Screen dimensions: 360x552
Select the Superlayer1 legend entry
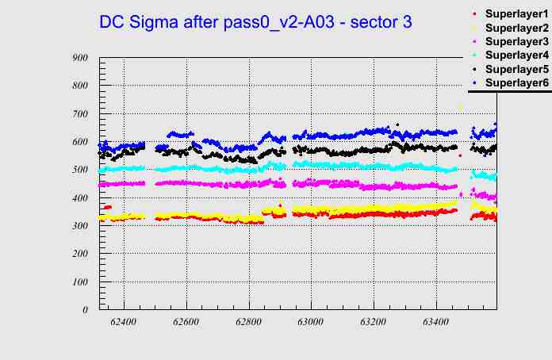(x=516, y=15)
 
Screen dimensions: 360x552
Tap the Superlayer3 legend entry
(x=516, y=41)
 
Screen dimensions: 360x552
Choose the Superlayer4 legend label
(x=516, y=55)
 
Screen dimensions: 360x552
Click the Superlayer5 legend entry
(x=516, y=69)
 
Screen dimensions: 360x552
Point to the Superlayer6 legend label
(x=516, y=82)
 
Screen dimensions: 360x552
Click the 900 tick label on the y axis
(x=79, y=57)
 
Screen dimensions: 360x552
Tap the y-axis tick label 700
(x=79, y=113)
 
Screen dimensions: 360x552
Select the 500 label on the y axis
(x=79, y=170)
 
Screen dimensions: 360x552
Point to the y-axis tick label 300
(x=79, y=225)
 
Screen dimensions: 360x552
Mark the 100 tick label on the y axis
(x=79, y=281)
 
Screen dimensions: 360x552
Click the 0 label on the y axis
(x=85, y=309)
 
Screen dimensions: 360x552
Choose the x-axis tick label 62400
(x=124, y=322)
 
